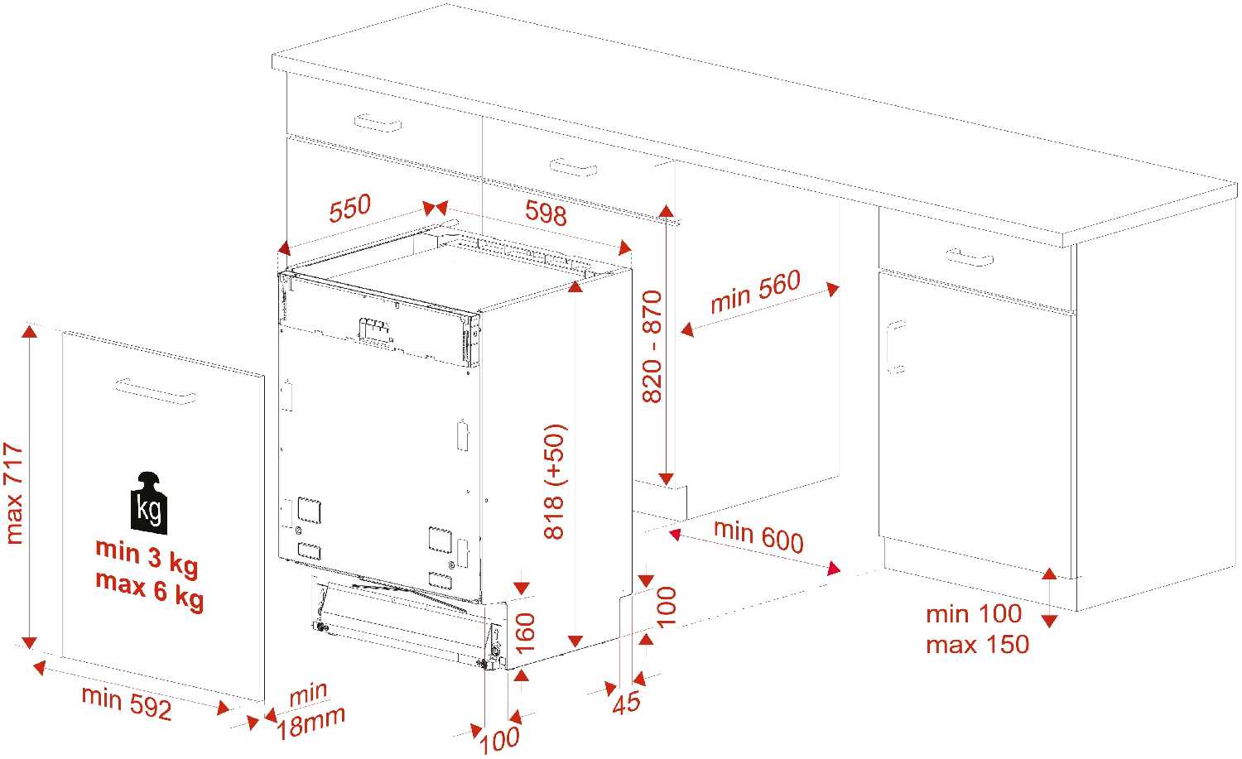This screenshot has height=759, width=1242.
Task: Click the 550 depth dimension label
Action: [x=349, y=209]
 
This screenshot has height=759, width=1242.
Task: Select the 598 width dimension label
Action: [x=546, y=213]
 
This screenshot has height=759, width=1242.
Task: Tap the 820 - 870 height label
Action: [x=652, y=346]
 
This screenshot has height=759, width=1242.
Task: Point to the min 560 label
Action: [x=755, y=291]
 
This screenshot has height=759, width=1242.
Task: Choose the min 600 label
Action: [x=758, y=535]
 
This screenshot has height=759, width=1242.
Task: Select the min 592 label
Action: [x=127, y=702]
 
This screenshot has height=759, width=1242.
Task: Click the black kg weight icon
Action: [x=149, y=502]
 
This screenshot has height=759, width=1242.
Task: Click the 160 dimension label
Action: [x=525, y=632]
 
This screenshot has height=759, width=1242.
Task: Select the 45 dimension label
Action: [x=627, y=702]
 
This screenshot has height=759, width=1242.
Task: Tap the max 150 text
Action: [x=977, y=644]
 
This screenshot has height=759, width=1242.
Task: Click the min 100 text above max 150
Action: [x=974, y=614]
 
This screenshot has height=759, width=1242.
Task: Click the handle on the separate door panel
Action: [x=155, y=391]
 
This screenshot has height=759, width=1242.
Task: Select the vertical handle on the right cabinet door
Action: [x=894, y=347]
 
